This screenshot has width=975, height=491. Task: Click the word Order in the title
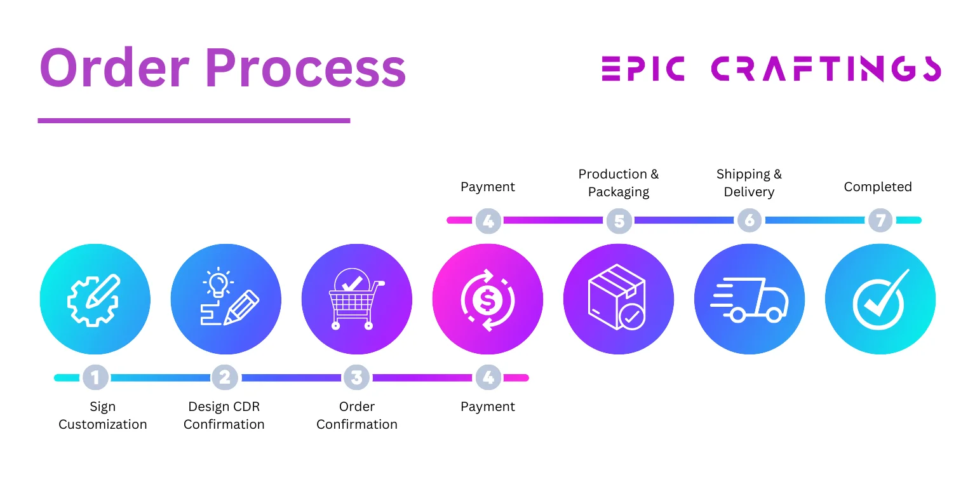114,68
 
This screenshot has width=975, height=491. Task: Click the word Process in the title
306,68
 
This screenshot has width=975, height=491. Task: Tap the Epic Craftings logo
771,69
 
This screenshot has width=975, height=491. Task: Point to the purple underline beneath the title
194,120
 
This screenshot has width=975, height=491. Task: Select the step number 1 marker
95,378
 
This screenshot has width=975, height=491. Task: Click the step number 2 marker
225,378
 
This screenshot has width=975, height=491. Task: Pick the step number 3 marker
357,378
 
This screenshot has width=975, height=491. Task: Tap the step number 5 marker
619,221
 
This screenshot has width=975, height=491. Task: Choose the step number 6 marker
750,221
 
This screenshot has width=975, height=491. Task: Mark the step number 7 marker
880,221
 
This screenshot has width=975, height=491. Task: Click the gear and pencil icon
95,299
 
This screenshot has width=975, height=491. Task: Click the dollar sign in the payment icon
488,300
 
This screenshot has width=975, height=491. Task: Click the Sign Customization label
103,415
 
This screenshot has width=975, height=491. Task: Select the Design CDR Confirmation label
224,415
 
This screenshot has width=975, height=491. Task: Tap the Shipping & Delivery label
750,183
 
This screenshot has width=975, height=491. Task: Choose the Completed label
878,187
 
